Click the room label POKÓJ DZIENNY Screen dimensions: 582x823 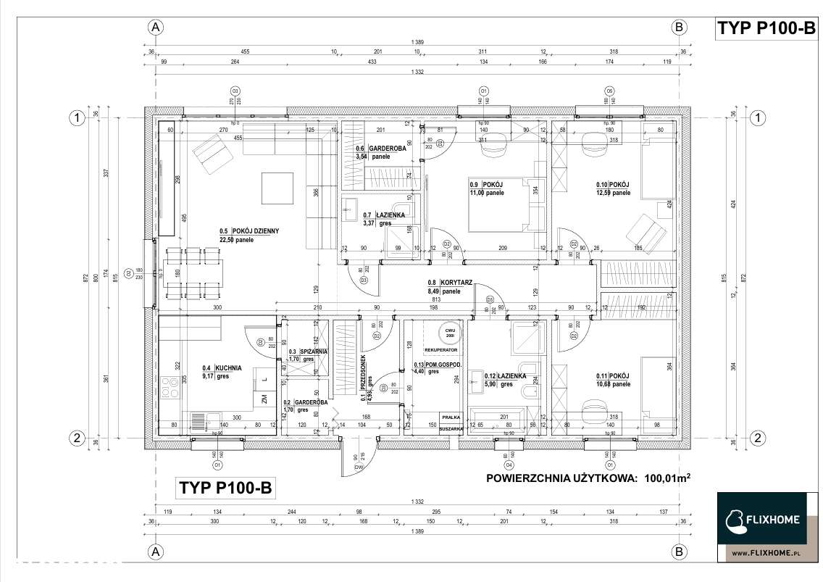pyautogui.click(x=255, y=231)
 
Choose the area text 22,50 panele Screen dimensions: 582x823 pyautogui.click(x=237, y=239)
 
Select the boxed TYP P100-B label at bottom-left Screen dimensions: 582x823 pyautogui.click(x=225, y=488)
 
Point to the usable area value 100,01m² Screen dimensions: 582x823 pyautogui.click(x=664, y=478)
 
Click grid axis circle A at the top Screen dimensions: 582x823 pyautogui.click(x=154, y=28)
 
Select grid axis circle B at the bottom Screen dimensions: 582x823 pyautogui.click(x=680, y=551)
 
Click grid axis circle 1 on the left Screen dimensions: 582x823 pyautogui.click(x=75, y=117)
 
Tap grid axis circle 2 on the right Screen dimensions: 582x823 pyautogui.click(x=757, y=437)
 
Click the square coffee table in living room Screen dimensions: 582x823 pyautogui.click(x=277, y=188)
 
